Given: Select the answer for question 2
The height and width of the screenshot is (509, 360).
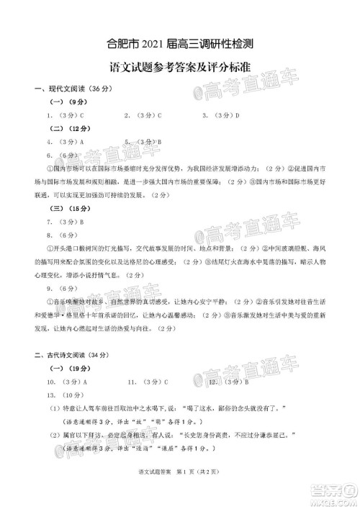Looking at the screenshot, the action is pos(159,115).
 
